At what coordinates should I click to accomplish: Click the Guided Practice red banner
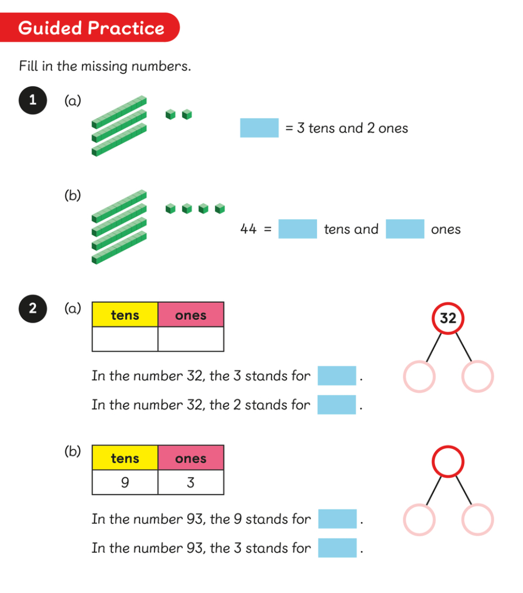coord(90,28)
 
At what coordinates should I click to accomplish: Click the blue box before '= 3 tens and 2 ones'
coord(259,128)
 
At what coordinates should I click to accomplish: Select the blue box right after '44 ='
coord(297,229)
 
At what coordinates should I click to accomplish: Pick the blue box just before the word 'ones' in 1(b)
coord(405,229)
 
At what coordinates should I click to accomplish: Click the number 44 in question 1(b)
coord(249,229)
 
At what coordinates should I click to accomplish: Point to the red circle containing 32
coord(448,318)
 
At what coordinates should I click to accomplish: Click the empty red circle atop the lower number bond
coord(448,462)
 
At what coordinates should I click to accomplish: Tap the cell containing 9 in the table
coord(125,482)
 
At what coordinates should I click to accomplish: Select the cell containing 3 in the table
coord(191,482)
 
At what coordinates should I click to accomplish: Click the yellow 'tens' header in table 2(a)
coord(125,315)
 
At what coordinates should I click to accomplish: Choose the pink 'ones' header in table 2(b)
coord(191,458)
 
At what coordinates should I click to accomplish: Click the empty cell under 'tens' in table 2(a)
coord(125,339)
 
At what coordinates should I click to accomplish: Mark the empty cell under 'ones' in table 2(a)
coord(191,339)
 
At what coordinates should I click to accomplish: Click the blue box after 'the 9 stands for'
coord(337,519)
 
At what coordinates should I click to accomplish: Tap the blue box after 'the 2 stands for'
coord(336,405)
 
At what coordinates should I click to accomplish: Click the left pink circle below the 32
coord(419,376)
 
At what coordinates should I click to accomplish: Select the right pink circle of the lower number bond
coord(477,519)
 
